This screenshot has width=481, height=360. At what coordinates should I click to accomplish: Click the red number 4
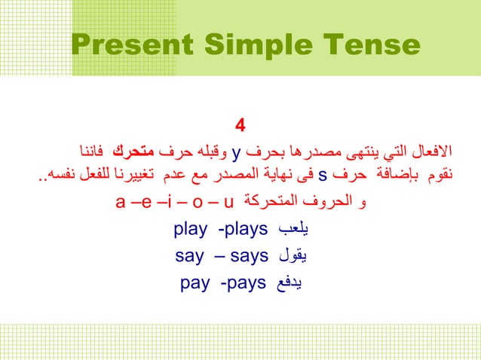click(x=240, y=124)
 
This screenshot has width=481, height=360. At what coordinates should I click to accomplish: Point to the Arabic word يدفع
click(x=293, y=284)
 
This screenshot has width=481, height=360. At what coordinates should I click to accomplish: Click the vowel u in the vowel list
click(x=229, y=203)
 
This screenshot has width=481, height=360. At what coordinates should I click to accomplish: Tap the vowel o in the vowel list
click(x=196, y=203)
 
